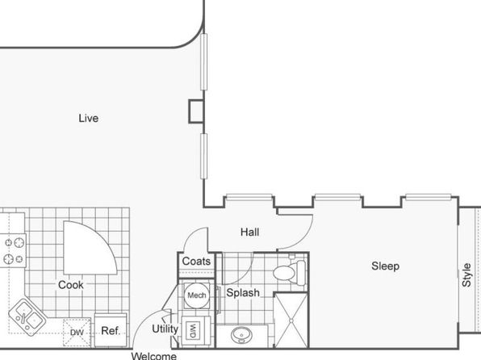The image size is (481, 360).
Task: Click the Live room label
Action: tap(88, 118)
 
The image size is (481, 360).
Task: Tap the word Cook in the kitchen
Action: tap(71, 285)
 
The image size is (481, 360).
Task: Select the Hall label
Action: tap(249, 232)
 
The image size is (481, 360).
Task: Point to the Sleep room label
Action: tap(385, 266)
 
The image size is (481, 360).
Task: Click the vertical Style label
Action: tap(466, 275)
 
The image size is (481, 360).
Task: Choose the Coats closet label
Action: tap(196, 262)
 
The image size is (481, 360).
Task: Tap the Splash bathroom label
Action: tap(243, 293)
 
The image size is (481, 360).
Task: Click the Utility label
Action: tap(165, 329)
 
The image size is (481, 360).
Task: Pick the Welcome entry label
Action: tap(153, 356)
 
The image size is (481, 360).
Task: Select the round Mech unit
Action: tap(197, 295)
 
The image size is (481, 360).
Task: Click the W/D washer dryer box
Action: tap(193, 331)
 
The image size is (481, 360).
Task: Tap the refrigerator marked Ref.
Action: tap(111, 330)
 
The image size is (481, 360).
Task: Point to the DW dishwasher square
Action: tap(77, 333)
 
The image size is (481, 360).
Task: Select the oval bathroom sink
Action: tap(242, 335)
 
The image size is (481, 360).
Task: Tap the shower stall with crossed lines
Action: tap(291, 320)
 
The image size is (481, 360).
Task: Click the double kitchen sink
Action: tap(27, 316)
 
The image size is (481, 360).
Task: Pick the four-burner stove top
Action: tap(13, 250)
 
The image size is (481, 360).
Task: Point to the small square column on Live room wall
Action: tap(196, 111)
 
